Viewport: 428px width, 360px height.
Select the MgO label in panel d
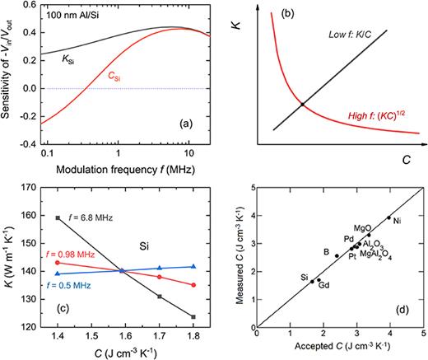click(x=362, y=227)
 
